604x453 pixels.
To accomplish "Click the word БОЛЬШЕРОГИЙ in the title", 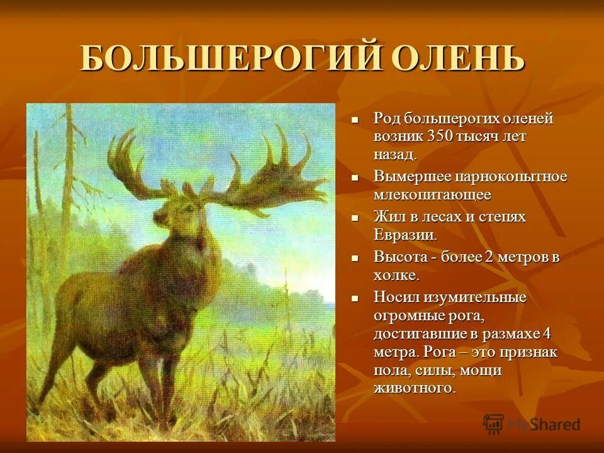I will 230,59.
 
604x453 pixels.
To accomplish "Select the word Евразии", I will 405,235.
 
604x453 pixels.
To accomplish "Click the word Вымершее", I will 413,177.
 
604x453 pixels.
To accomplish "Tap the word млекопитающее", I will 432,194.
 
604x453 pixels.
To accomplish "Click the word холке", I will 396,275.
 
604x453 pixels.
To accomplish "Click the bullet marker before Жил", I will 355,218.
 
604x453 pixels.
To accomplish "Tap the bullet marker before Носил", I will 355,298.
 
